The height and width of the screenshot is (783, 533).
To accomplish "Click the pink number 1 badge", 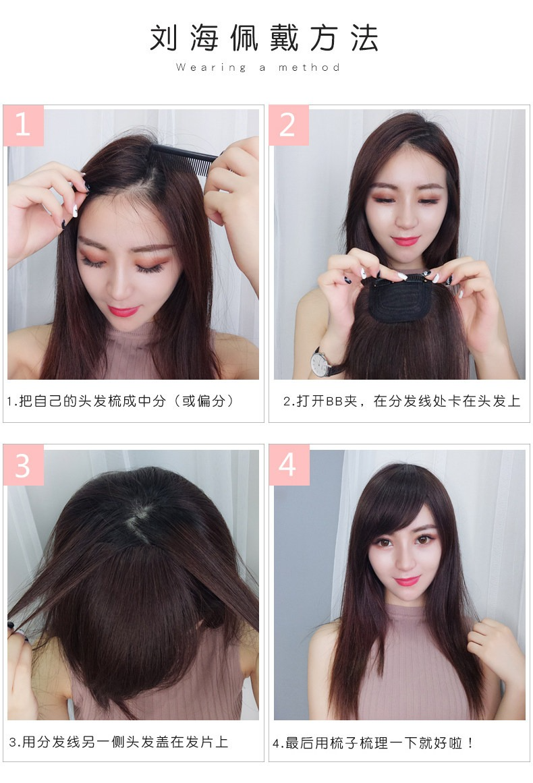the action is click(x=24, y=125).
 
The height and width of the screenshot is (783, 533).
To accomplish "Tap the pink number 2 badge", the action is click(x=289, y=125).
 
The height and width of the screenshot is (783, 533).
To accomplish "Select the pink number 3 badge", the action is click(x=24, y=465).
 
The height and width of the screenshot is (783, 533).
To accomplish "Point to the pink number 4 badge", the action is click(x=289, y=465).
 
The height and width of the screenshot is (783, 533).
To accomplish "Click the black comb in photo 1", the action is click(x=184, y=158).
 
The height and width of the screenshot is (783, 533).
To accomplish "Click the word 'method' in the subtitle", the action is click(x=309, y=67).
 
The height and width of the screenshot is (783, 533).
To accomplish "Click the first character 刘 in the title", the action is click(x=164, y=38).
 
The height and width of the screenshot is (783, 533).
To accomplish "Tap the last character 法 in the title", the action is click(x=364, y=38).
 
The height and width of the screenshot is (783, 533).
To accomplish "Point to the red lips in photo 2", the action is click(x=405, y=241).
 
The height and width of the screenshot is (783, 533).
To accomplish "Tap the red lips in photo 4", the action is click(x=407, y=581).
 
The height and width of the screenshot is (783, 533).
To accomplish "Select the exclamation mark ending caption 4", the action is click(x=470, y=743).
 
